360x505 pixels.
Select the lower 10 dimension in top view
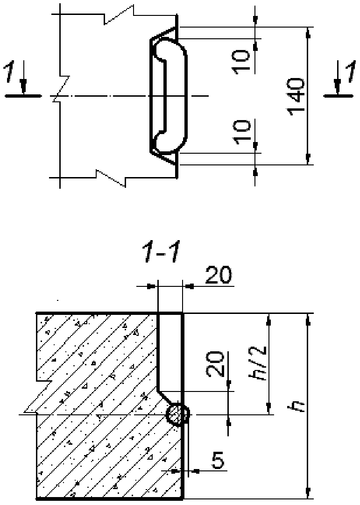pyautogui.click(x=242, y=132)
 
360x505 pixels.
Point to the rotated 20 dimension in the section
pyautogui.click(x=215, y=364)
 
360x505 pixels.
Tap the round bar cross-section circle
pyautogui.click(x=177, y=414)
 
